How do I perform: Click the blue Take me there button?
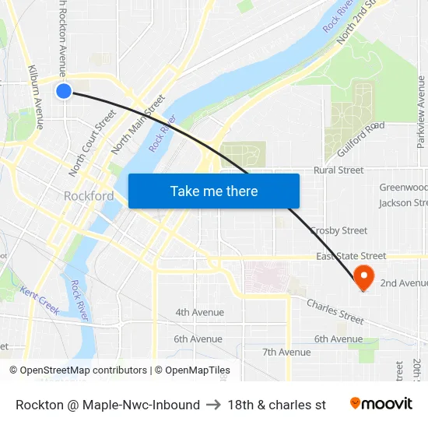click(x=213, y=191)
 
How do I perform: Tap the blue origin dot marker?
click(x=64, y=91)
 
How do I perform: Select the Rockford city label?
click(x=89, y=196)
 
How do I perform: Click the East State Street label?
click(x=350, y=256)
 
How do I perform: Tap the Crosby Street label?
click(x=339, y=230)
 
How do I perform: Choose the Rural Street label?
click(x=339, y=170)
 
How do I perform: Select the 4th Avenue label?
click(x=199, y=312)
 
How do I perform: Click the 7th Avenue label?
click(x=286, y=352)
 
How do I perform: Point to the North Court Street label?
click(x=92, y=142)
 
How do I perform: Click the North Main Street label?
click(x=138, y=124)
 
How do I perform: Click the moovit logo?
click(x=381, y=404)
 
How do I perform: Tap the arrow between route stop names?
click(x=213, y=405)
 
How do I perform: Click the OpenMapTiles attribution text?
click(x=192, y=370)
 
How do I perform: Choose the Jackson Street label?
click(x=403, y=203)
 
